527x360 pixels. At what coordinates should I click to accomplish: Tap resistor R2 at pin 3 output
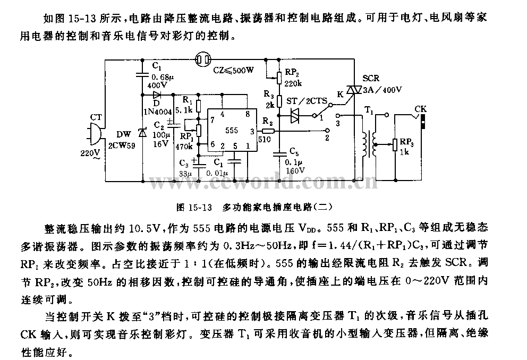268,130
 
